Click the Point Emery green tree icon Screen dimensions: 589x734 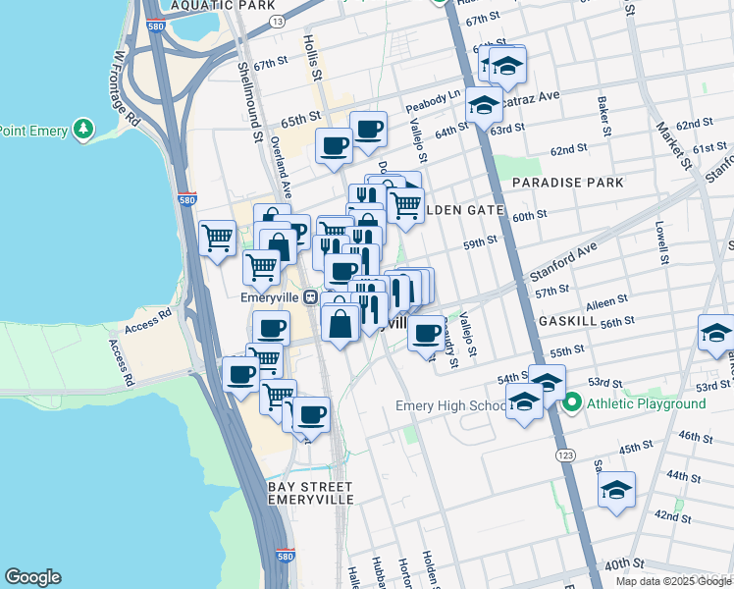click(x=84, y=129)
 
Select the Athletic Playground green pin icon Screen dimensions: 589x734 click(x=572, y=403)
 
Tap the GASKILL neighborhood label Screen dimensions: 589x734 click(x=567, y=321)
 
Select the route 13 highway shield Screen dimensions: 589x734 click(x=278, y=21)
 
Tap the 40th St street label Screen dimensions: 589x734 click(x=630, y=563)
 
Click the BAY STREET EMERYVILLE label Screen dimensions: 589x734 click(x=310, y=493)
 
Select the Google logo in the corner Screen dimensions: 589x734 click(x=32, y=577)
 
